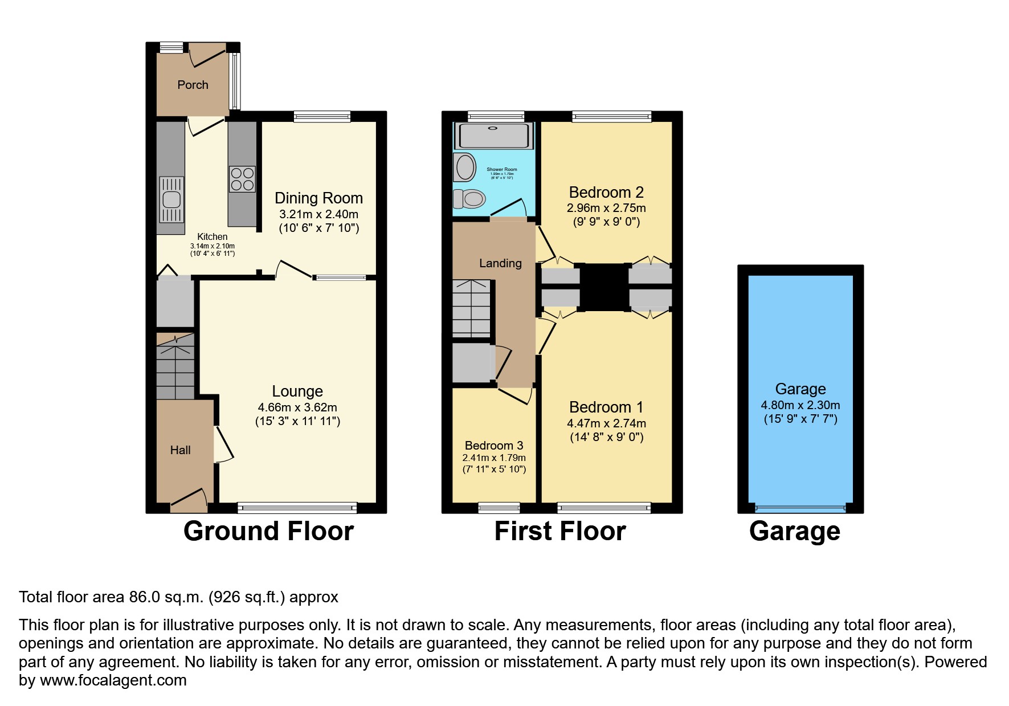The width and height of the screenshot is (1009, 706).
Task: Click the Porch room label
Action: pyautogui.click(x=193, y=85)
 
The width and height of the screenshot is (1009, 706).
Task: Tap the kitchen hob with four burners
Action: pyautogui.click(x=242, y=179)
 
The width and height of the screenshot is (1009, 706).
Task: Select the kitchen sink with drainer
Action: pyautogui.click(x=171, y=199)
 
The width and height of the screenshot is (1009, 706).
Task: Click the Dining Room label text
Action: pyautogui.click(x=318, y=198)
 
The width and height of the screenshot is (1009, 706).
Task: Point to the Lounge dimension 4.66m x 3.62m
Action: pyautogui.click(x=297, y=407)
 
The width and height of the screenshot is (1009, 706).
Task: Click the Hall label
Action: pyautogui.click(x=180, y=450)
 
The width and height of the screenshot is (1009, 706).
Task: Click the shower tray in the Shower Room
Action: pyautogui.click(x=493, y=136)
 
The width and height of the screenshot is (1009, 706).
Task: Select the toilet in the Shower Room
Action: pyautogui.click(x=470, y=199)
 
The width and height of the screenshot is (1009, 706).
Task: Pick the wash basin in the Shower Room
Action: pyautogui.click(x=465, y=168)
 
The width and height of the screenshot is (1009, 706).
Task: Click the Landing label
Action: pyautogui.click(x=500, y=263)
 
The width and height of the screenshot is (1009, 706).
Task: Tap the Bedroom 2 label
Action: pyautogui.click(x=606, y=193)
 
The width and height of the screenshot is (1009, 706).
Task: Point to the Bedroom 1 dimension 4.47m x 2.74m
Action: pyautogui.click(x=606, y=423)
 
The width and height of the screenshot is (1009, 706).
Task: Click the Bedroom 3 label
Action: pyautogui.click(x=494, y=446)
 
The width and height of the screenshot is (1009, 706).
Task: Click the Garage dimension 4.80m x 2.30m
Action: pyautogui.click(x=800, y=405)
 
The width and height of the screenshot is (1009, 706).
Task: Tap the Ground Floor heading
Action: pyautogui.click(x=268, y=531)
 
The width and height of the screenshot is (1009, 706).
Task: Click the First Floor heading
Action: pyautogui.click(x=560, y=531)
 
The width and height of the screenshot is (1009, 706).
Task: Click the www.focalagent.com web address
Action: pyautogui.click(x=113, y=680)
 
